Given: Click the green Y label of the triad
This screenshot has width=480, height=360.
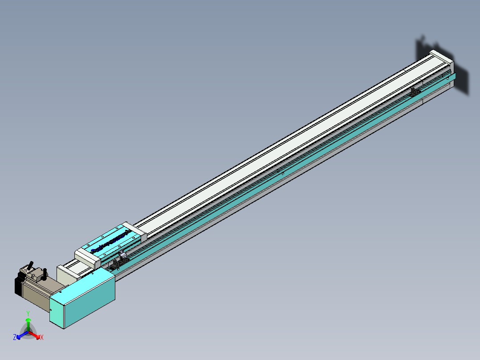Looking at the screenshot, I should coord(28,313).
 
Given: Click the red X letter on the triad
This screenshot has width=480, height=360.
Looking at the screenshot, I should coord(41,338).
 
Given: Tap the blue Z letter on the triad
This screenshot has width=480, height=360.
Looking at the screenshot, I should coord(15,338).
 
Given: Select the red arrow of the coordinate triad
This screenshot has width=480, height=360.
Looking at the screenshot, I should coord(36,335).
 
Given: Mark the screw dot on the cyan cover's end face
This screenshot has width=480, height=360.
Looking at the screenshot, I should coord(51,310).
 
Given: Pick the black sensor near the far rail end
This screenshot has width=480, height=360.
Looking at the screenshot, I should coord(415,91).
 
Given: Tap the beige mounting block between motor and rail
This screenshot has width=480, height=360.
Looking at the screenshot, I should coord(67,274).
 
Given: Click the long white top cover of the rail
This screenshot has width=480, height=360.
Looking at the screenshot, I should coord(285,143).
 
